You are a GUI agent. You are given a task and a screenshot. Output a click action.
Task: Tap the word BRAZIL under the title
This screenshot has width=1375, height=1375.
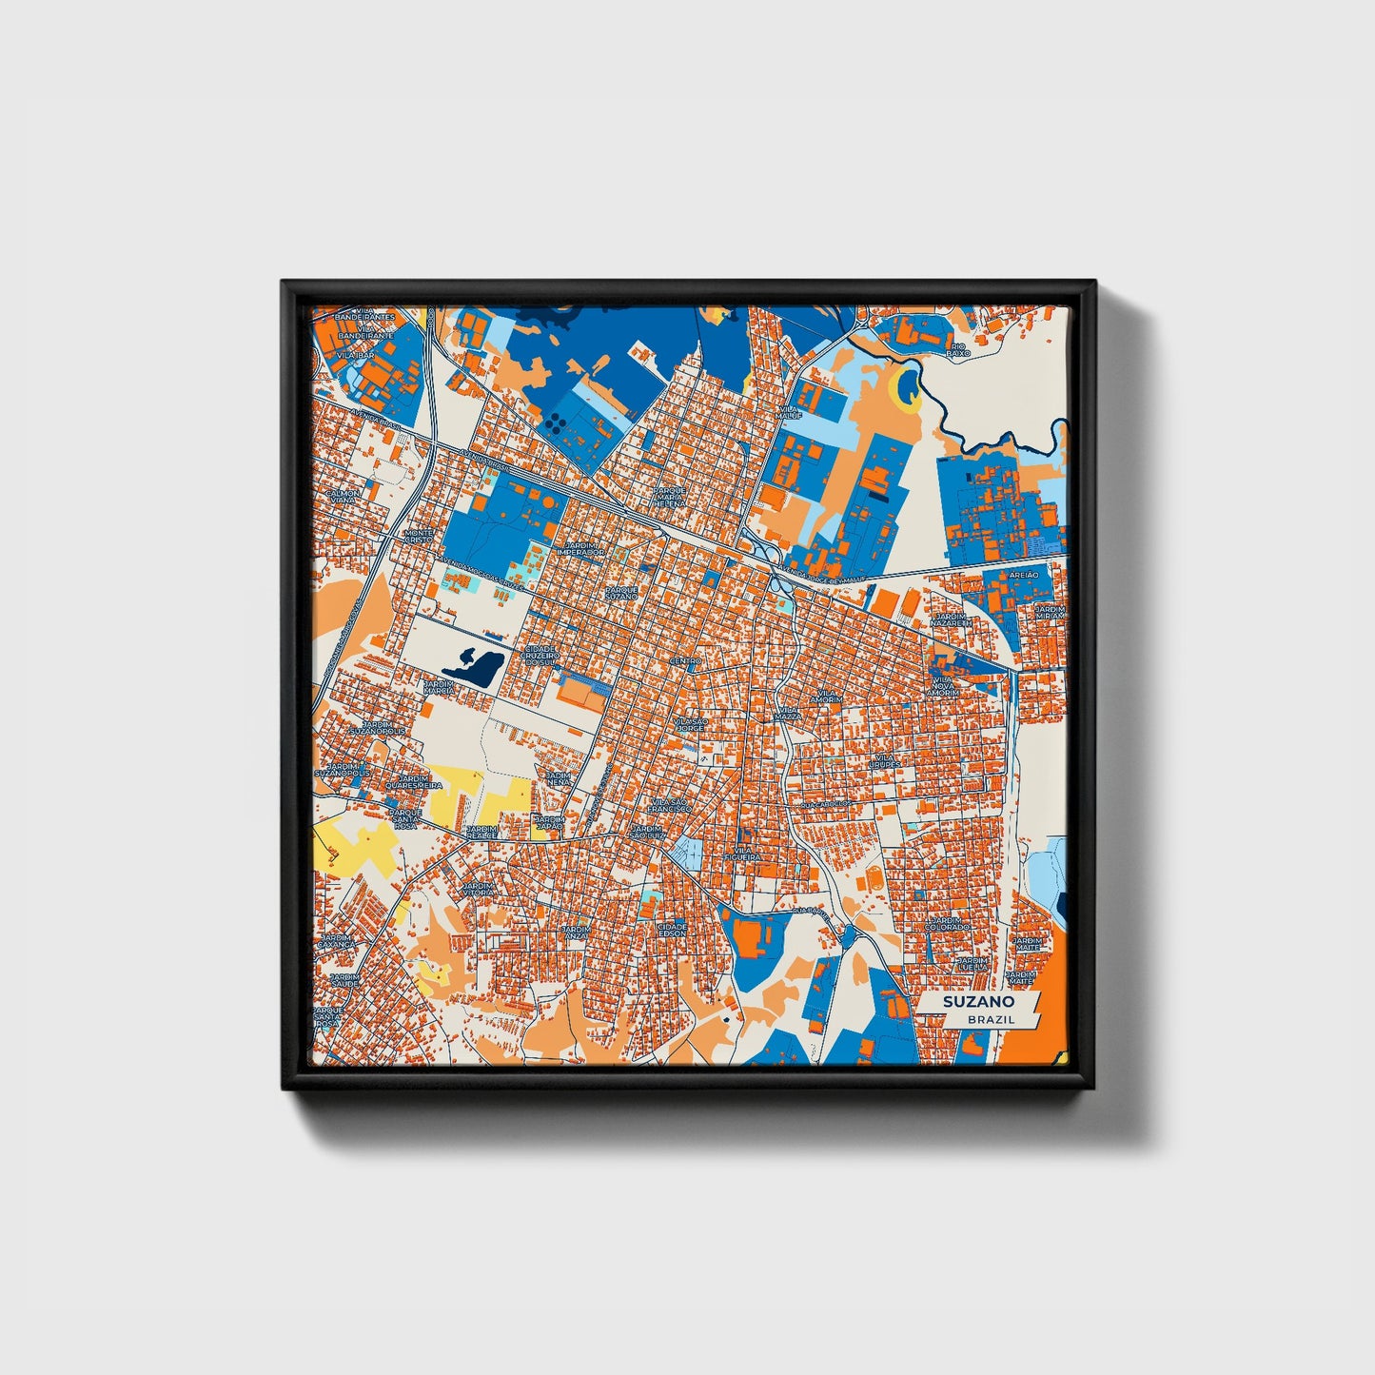991,1019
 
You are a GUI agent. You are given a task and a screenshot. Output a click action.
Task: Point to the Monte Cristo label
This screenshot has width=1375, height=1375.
419,536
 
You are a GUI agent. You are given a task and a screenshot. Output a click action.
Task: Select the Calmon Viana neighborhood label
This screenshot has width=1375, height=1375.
344,498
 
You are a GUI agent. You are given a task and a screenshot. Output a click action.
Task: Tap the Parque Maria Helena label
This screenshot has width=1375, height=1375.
670,497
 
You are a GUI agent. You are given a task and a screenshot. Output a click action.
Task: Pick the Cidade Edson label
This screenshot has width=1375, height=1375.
672,929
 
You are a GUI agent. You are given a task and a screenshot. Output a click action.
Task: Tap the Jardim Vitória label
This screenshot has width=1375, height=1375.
479,888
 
